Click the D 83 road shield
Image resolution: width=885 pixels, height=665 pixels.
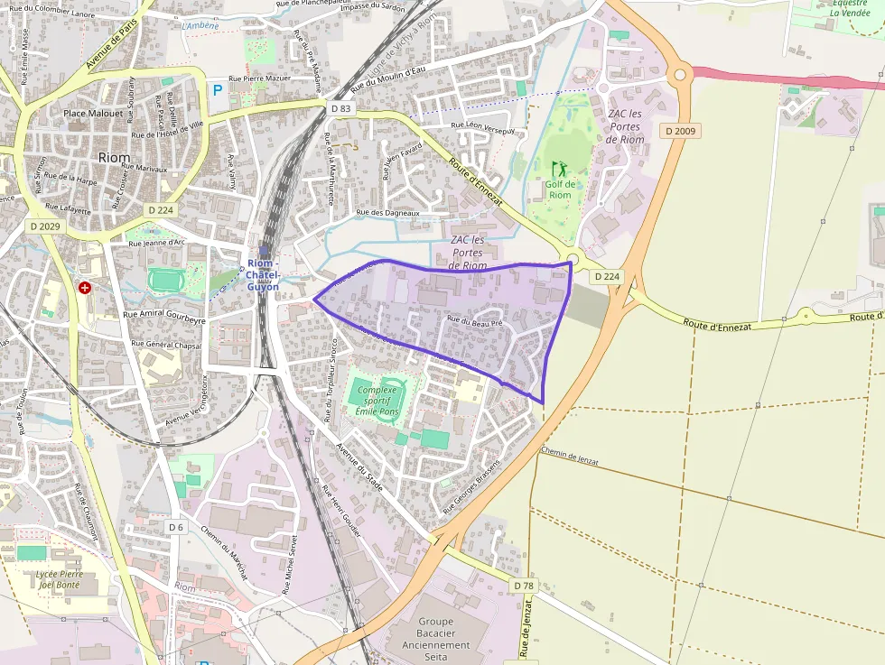point(340,108)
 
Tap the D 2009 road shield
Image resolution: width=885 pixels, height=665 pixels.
point(680,131)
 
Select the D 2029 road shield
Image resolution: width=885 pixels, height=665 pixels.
point(44,226)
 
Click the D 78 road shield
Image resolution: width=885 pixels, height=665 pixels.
point(524,586)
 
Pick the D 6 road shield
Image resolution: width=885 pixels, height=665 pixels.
point(176,526)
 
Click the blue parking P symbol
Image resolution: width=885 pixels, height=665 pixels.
point(217,89)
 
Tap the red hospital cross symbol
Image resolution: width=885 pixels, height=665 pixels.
point(85,288)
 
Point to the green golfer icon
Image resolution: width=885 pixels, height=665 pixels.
point(558,169)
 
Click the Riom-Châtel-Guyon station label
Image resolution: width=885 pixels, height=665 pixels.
point(264,274)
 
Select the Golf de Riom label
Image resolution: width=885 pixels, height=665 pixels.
point(560,189)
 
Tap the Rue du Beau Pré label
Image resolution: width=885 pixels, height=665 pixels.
point(474,320)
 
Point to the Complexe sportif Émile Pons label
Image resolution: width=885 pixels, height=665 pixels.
point(377,401)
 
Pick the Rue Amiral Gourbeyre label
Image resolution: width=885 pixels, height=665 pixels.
point(164,319)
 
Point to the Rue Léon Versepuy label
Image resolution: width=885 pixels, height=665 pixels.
point(482,128)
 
